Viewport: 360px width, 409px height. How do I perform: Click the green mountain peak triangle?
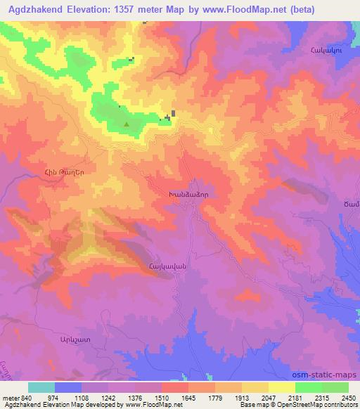[x=127, y=125]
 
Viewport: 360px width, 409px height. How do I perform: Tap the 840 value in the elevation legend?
[x=27, y=397]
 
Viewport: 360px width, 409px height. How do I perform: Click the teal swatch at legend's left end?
[x=41, y=387]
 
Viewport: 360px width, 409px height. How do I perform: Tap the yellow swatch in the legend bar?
[x=281, y=387]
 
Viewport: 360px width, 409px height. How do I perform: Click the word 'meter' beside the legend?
[x=11, y=397]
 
